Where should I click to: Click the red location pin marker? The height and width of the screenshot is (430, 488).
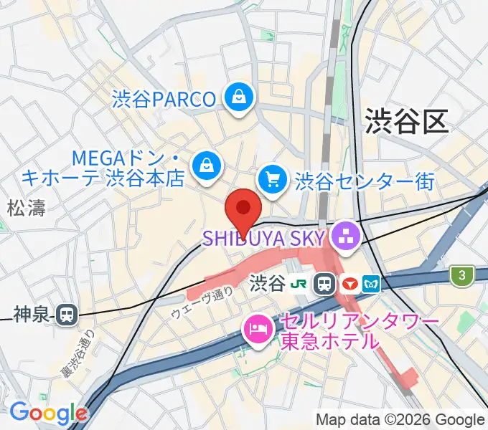(x=243, y=210)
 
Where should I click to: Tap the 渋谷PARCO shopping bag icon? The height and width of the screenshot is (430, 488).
(x=238, y=97)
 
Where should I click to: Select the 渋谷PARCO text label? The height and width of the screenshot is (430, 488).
(x=164, y=98)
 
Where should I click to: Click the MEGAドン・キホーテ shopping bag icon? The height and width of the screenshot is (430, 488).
(x=207, y=164)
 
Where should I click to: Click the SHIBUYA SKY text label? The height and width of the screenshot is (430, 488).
(x=266, y=236)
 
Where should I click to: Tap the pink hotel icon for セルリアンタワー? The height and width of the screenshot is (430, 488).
(x=256, y=330)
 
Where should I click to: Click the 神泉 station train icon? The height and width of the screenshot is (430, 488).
(x=68, y=313)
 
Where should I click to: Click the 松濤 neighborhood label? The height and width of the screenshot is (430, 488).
(x=26, y=209)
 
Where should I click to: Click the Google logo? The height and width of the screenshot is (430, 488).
(x=47, y=413)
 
